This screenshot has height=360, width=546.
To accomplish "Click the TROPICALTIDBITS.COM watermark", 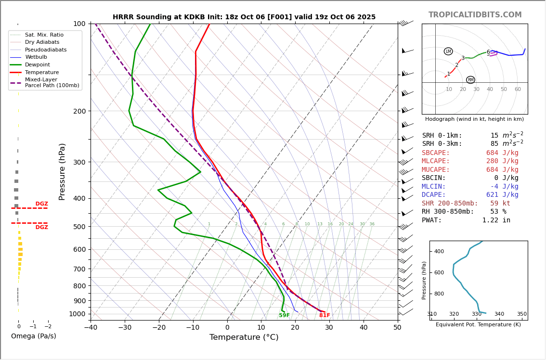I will [x=475, y=15].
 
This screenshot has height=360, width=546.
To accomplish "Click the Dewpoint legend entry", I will [x=37, y=64].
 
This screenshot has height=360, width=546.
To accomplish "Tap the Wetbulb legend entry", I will [x=36, y=57].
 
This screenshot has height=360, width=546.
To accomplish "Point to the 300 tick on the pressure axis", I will [x=79, y=162].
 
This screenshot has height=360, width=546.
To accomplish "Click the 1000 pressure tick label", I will [x=77, y=314].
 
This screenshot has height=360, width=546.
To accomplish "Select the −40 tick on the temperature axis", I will [x=91, y=328].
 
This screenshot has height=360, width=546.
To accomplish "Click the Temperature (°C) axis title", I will [x=244, y=337].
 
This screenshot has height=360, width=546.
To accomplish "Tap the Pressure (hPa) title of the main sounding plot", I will [x=63, y=171].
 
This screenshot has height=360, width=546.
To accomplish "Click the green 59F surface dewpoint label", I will [x=284, y=316].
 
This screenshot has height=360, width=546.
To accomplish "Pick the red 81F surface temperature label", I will [x=325, y=316].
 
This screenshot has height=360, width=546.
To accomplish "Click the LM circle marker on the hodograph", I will [x=448, y=51].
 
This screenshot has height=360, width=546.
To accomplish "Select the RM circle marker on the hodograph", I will [x=470, y=80].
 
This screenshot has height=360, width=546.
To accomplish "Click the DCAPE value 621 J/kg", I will [x=502, y=195].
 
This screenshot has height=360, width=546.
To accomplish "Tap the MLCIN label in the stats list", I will [x=434, y=187].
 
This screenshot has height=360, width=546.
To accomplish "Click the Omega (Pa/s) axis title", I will [x=33, y=336].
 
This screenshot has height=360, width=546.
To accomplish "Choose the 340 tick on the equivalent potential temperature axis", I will [x=499, y=314].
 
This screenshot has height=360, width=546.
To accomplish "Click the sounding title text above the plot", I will [x=244, y=17].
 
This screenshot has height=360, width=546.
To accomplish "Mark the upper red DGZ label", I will [x=41, y=204].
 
